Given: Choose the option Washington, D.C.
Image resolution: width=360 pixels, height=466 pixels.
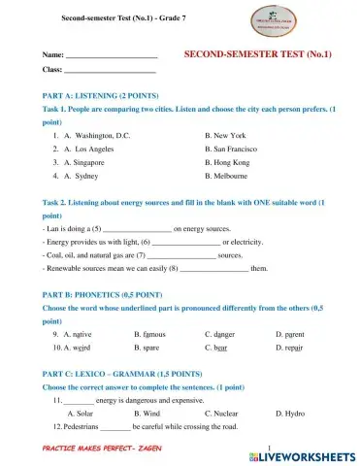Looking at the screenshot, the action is (102, 137).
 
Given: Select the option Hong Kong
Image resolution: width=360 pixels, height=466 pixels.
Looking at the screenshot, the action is (230, 164).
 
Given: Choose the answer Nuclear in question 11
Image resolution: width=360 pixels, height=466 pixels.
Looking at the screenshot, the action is (228, 412).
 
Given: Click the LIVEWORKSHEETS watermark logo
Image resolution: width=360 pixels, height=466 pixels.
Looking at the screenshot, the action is (304, 453).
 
